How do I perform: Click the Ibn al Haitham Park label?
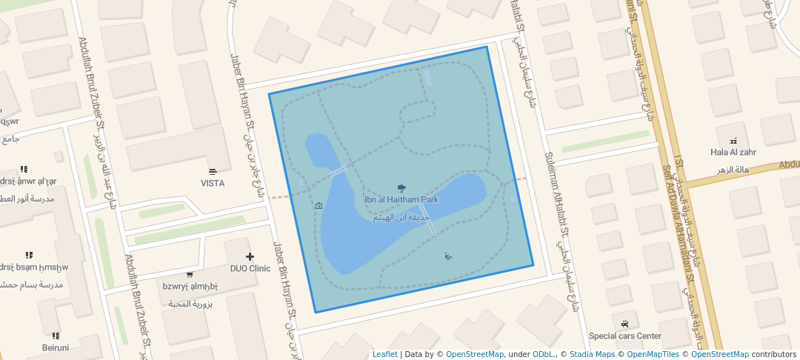[x=401, y=199]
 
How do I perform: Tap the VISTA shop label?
[x=213, y=183]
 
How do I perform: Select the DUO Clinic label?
[x=250, y=268]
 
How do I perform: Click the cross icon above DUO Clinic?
[x=250, y=256]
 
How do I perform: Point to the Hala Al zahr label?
[x=733, y=152]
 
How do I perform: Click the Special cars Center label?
[x=624, y=336]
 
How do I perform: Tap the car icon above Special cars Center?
[x=625, y=324]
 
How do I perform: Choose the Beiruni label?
[x=56, y=347]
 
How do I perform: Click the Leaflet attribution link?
[x=384, y=354]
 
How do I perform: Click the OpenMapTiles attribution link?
[x=653, y=354]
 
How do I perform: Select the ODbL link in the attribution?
[x=543, y=354]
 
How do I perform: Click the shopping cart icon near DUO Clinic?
[x=190, y=275]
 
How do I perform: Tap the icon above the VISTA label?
[x=213, y=171]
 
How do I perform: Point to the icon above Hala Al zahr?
[x=733, y=140]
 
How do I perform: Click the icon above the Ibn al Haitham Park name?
[x=401, y=187]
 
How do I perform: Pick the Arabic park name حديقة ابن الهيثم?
[x=401, y=218]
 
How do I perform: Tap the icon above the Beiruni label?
[x=56, y=336]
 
